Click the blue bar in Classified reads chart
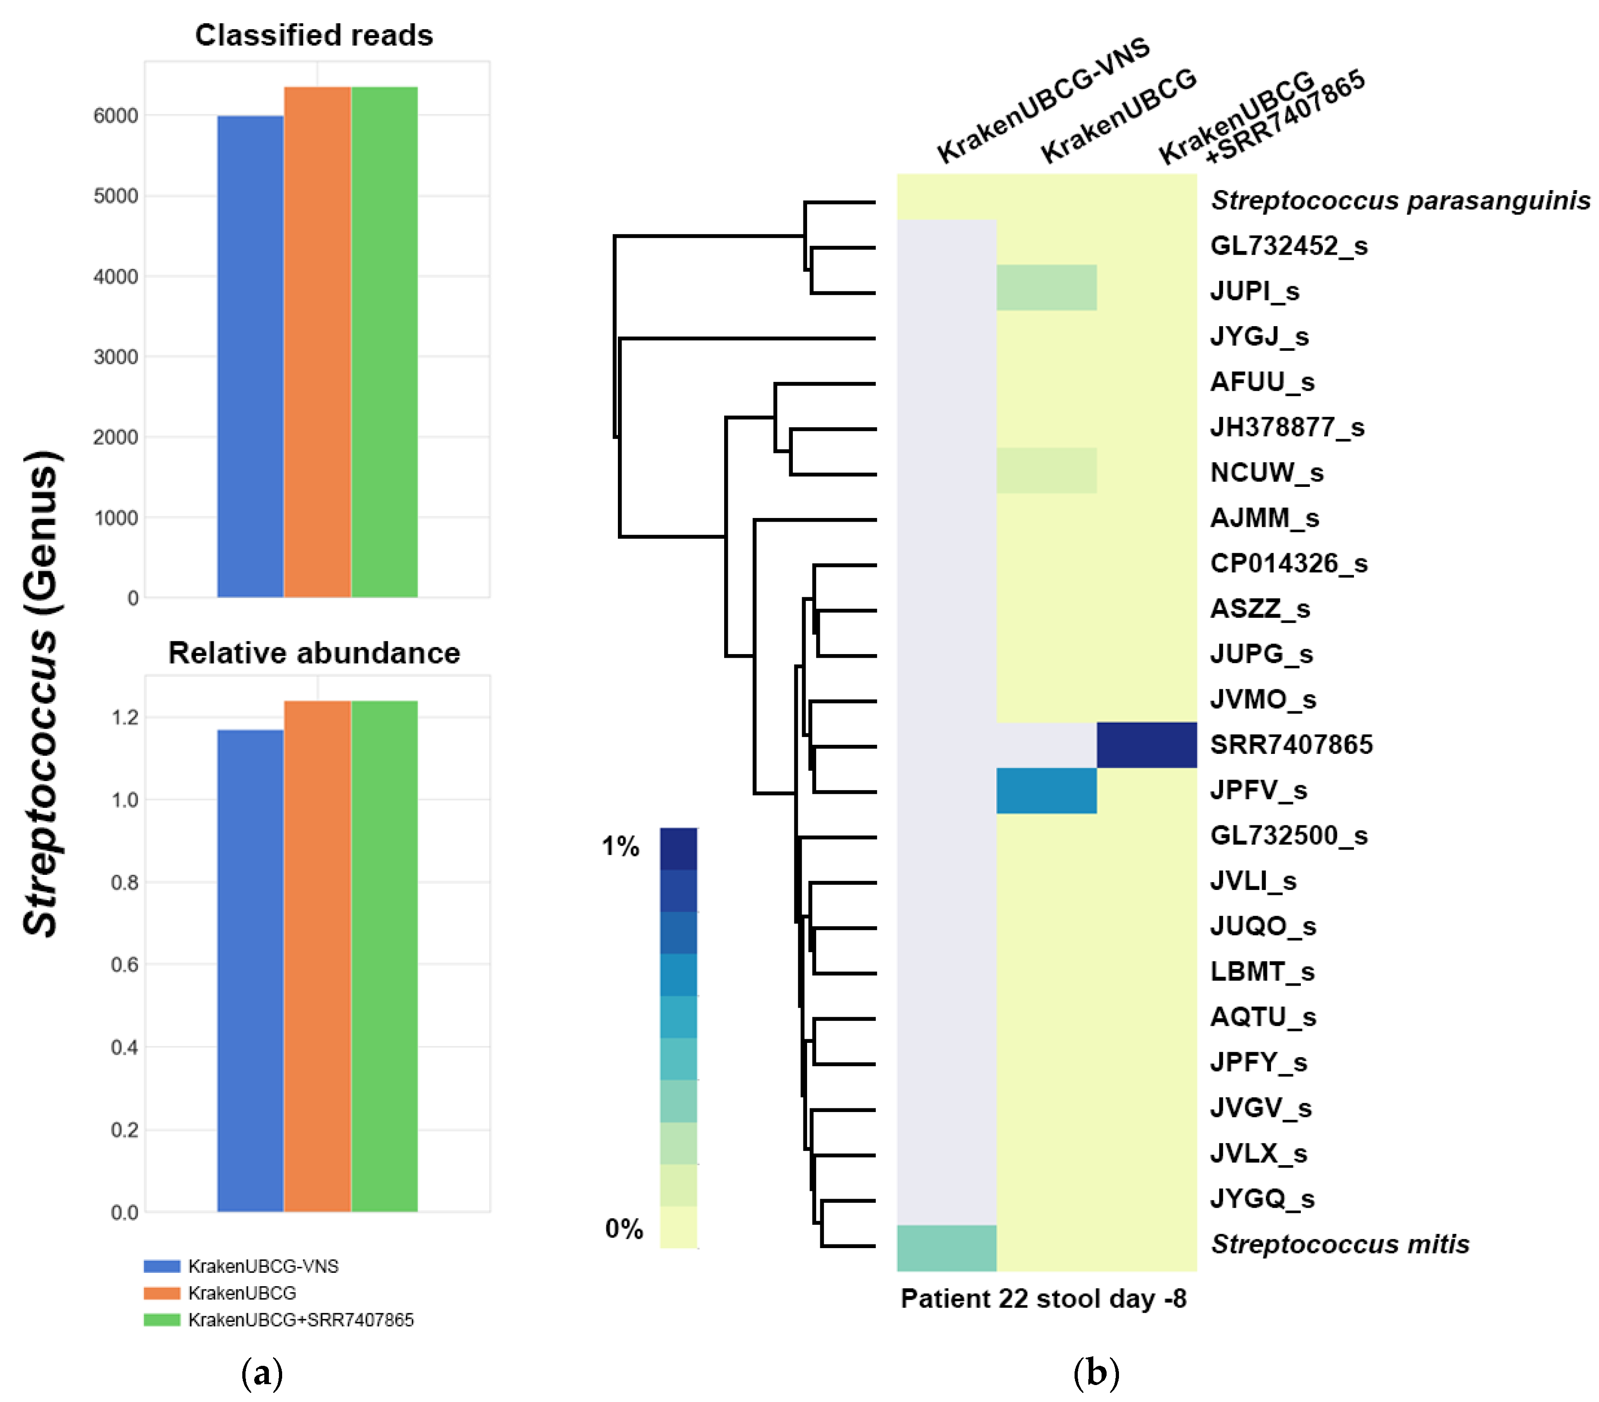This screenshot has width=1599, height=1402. point(251,356)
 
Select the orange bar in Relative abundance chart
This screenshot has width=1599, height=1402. point(317,956)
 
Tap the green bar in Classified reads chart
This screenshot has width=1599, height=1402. point(384,342)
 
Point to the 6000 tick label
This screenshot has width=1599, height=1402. point(116,116)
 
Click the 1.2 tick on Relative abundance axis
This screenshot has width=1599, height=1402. point(125,717)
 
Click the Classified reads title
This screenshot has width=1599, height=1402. point(314,35)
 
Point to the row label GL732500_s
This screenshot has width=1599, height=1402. point(1288,835)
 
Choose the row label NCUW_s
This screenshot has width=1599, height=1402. point(1266,473)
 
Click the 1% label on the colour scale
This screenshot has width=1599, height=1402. point(620,846)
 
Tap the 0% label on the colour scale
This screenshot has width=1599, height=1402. point(623,1228)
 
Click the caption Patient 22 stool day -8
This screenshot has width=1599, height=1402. point(1043,1299)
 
